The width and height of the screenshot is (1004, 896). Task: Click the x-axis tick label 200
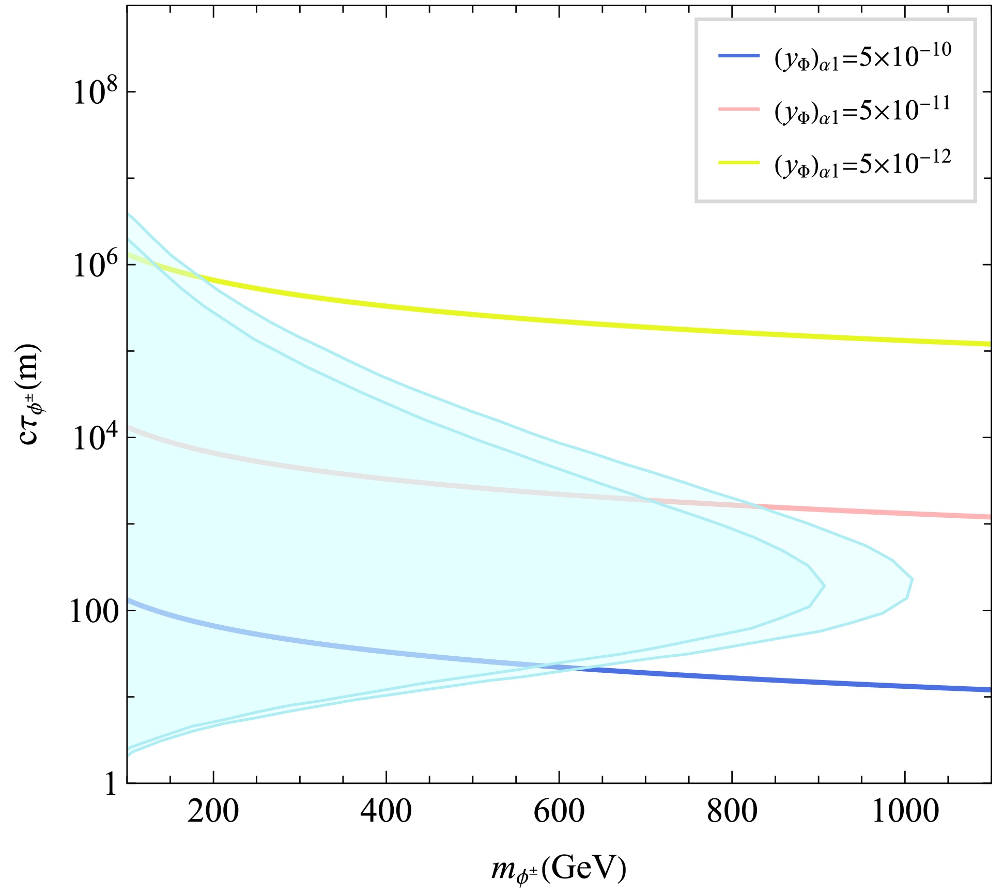pyautogui.click(x=213, y=812)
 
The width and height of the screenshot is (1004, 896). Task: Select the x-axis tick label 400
pyautogui.click(x=386, y=812)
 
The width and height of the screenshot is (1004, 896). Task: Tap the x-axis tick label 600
pyautogui.click(x=559, y=812)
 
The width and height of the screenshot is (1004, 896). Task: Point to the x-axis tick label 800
pyautogui.click(x=732, y=812)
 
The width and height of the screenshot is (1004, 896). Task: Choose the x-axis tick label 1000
pyautogui.click(x=905, y=812)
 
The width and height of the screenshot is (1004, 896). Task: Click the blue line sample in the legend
pyautogui.click(x=739, y=55)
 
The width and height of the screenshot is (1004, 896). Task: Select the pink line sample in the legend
pyautogui.click(x=739, y=109)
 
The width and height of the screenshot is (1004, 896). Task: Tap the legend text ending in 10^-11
pyautogui.click(x=862, y=111)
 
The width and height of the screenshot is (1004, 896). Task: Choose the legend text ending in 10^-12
pyautogui.click(x=862, y=165)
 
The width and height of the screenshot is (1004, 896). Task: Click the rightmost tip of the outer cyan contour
pyautogui.click(x=913, y=580)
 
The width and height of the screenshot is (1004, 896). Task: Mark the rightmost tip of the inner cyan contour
pyautogui.click(x=825, y=585)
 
